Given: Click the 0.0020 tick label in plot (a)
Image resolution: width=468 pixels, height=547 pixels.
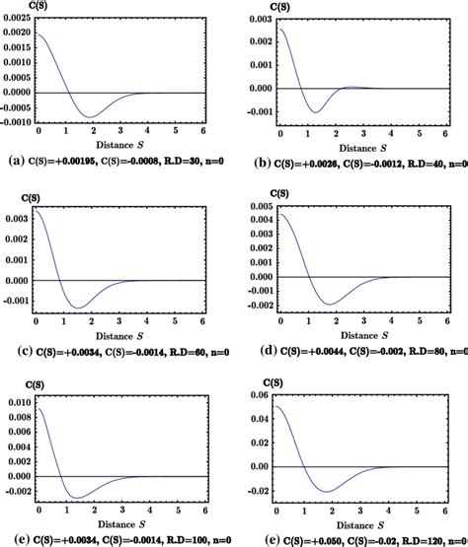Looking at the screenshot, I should (x=17, y=34).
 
